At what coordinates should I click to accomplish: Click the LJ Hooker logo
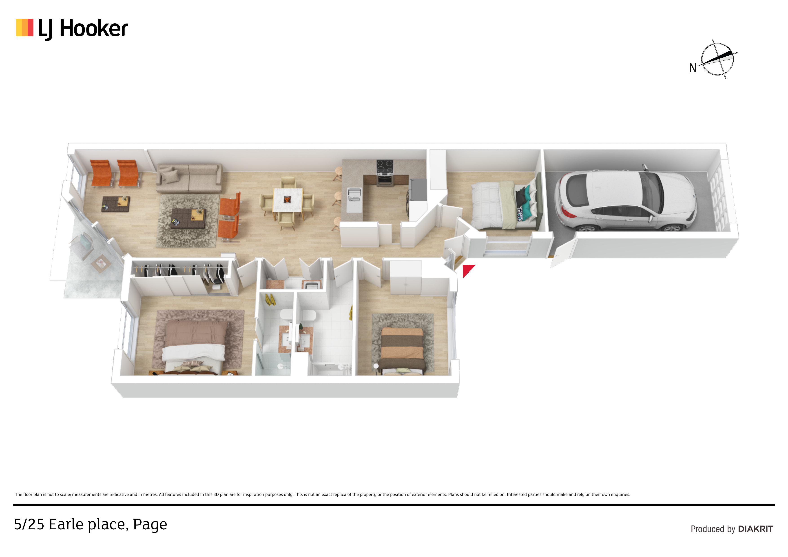tap(72, 29)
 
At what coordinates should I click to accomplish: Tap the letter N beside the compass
tap(693, 68)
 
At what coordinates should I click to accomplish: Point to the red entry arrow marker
tap(467, 270)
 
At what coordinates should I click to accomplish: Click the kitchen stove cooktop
tap(385, 168)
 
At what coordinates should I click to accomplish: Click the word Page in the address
tap(150, 525)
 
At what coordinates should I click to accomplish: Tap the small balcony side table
tap(101, 264)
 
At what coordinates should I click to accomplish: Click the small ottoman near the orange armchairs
tap(116, 204)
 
